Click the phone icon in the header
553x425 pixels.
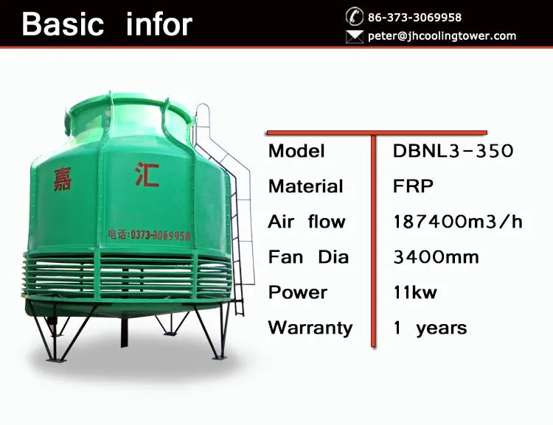point(355,16)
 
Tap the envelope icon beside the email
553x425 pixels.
point(355,36)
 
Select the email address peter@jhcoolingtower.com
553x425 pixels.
point(442,36)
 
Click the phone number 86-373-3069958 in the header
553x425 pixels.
point(414,17)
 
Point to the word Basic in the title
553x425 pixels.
point(63,24)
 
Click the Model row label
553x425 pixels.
point(296,151)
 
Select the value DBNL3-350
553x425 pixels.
point(453,151)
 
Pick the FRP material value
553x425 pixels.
point(413,186)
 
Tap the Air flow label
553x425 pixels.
point(307,222)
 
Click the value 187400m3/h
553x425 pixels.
point(458,222)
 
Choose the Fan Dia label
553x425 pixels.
point(309,257)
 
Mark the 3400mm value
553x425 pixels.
point(437,257)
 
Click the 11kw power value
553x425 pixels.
point(415,292)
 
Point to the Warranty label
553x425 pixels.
point(310,328)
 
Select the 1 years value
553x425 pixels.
point(431,328)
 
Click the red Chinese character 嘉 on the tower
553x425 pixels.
point(63,180)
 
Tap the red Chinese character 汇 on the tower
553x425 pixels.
point(147,175)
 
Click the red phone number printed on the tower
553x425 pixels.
point(149,235)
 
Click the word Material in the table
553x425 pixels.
point(305,186)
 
